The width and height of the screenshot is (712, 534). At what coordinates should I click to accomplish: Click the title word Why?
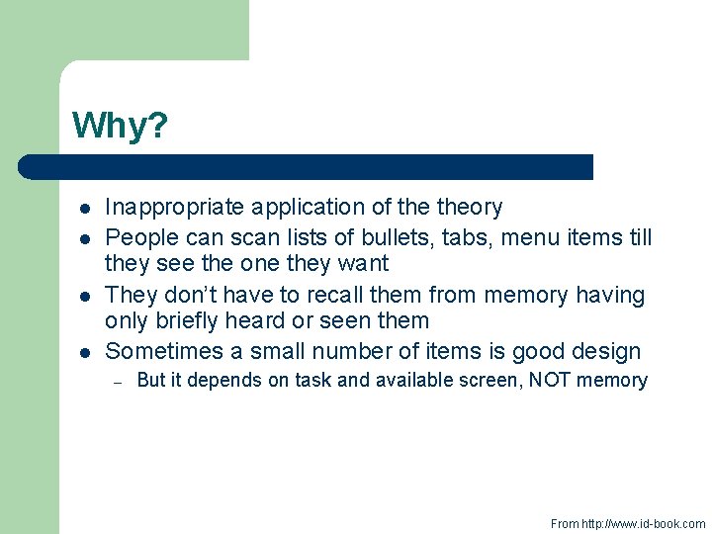[x=120, y=127]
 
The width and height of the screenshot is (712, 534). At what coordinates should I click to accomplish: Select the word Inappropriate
[x=175, y=208]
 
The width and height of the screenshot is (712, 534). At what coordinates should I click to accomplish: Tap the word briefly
[x=190, y=321]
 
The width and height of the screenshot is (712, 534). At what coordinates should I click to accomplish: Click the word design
[x=605, y=351]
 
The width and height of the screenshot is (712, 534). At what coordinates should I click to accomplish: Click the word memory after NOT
[x=617, y=381]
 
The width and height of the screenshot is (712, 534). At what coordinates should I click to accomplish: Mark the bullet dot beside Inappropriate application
[x=85, y=209]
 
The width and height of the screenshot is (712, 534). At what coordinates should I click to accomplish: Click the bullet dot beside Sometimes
[x=85, y=352]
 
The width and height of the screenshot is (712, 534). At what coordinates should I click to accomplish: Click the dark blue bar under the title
[x=307, y=166]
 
